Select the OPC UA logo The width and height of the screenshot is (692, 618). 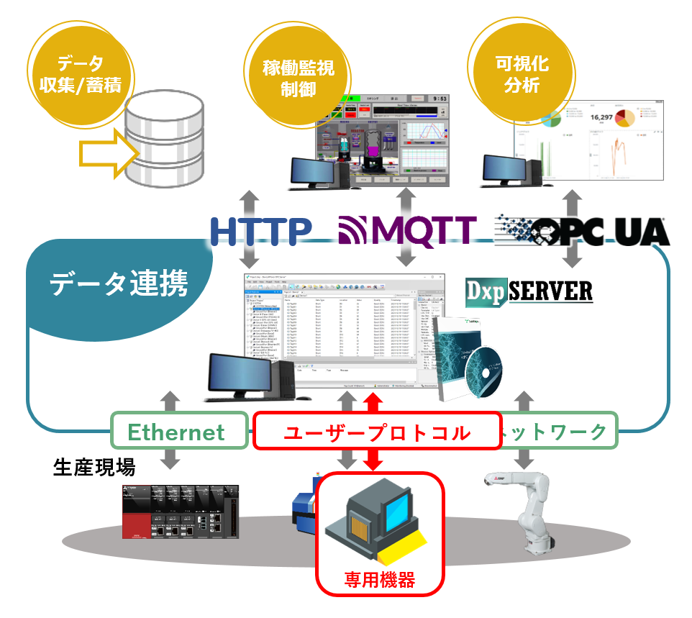coord(582,231)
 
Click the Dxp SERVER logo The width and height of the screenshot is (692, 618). coord(529,291)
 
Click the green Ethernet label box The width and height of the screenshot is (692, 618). coord(176,432)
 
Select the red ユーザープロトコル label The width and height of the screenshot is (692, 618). coord(376,432)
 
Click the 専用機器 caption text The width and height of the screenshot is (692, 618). coord(379,578)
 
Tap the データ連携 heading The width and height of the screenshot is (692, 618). coord(119,284)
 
